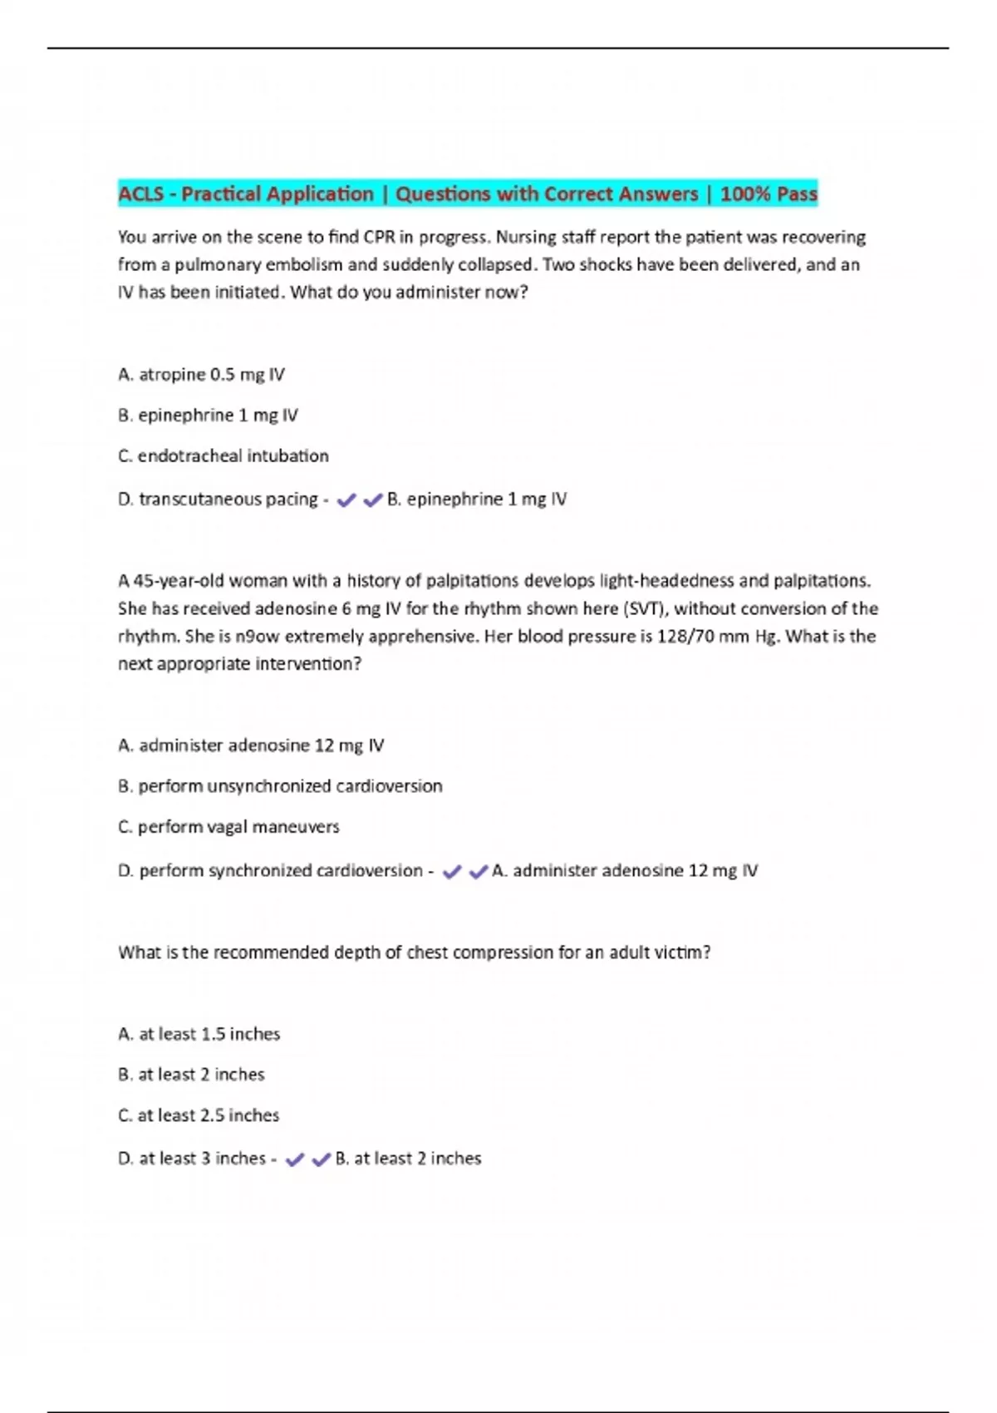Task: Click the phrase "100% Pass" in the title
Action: click(x=769, y=194)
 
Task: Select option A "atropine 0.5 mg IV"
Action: click(x=201, y=375)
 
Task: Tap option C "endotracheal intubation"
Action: click(x=223, y=456)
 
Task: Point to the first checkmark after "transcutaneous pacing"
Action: click(x=346, y=500)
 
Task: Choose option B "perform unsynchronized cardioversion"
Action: click(x=280, y=786)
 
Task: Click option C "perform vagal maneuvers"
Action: click(x=228, y=827)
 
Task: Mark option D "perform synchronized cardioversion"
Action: click(x=271, y=871)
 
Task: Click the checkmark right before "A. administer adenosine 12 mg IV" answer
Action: click(x=479, y=871)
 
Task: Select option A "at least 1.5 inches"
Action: click(x=199, y=1034)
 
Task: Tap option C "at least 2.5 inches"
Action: click(x=199, y=1115)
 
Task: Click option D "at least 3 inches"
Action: click(x=192, y=1159)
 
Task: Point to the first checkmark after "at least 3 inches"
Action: click(x=295, y=1159)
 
